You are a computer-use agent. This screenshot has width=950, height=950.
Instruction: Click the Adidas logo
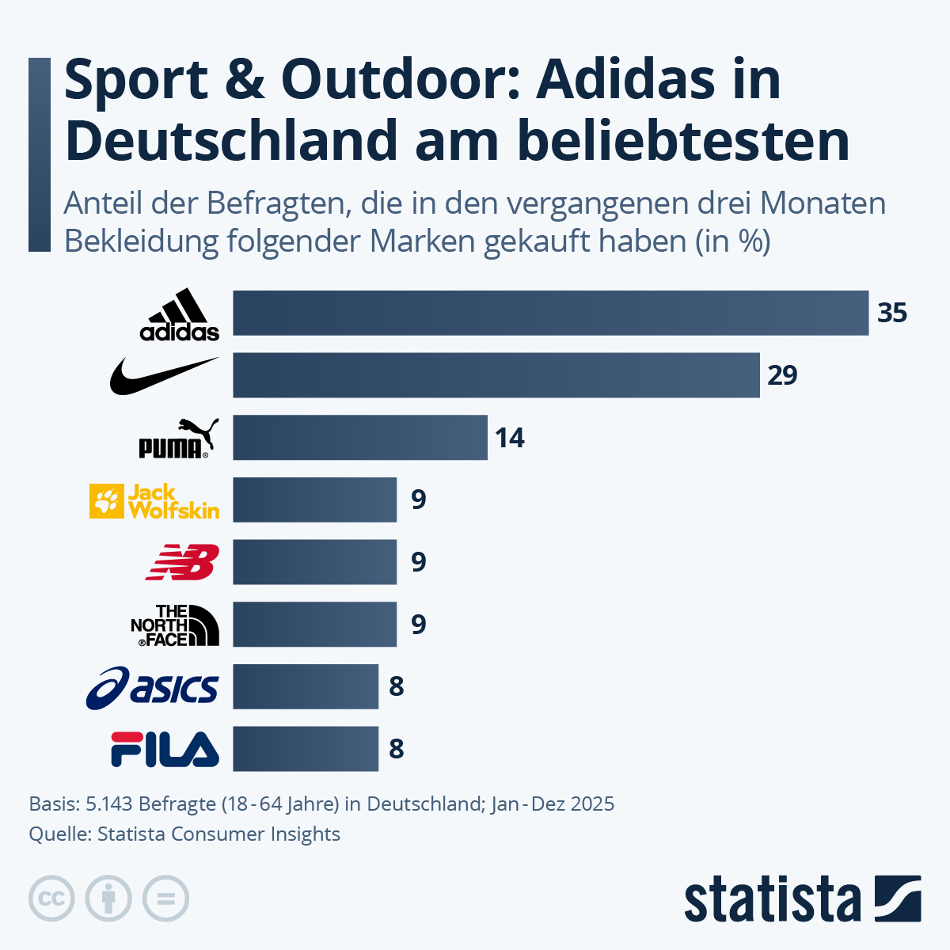click(180, 314)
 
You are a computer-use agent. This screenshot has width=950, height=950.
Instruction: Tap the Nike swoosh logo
click(164, 375)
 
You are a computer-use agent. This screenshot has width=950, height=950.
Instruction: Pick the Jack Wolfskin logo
click(154, 501)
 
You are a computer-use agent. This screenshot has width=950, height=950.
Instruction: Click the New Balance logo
click(182, 562)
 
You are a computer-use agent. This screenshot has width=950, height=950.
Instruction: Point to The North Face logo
click(175, 625)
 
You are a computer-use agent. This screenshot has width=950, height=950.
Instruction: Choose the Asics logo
click(152, 687)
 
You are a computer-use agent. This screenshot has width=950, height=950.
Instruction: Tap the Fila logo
click(165, 749)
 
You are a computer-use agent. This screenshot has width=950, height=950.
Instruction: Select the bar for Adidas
click(550, 313)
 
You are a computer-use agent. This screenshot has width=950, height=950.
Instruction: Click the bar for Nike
click(496, 375)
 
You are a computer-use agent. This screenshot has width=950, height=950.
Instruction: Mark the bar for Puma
click(359, 438)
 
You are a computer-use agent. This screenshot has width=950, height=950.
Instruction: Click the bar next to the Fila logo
click(305, 749)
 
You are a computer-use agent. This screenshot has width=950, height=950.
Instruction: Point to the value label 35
click(891, 313)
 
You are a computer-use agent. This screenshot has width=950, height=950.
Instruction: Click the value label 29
click(782, 375)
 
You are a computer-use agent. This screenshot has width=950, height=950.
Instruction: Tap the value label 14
click(510, 438)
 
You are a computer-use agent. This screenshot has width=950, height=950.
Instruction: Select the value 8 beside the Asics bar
click(397, 686)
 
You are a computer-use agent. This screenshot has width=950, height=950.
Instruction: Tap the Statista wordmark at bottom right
click(772, 900)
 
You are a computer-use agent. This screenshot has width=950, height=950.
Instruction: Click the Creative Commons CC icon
click(51, 899)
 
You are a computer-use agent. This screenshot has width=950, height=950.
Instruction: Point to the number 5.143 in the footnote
click(108, 804)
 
